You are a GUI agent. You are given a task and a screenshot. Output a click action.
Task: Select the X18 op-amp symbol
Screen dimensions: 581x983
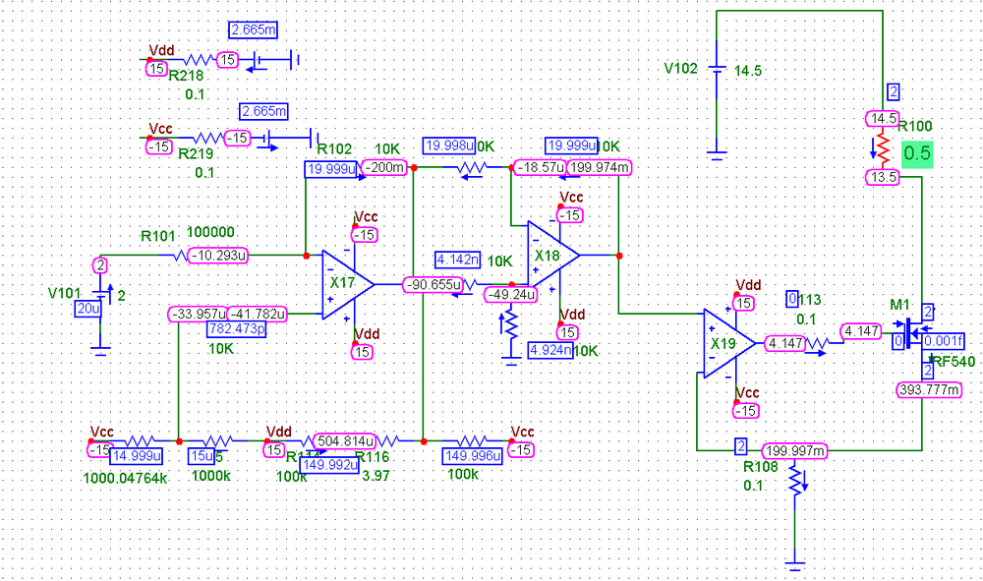coord(551,255)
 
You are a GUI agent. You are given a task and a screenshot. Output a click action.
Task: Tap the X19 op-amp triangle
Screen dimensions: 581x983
coord(728,343)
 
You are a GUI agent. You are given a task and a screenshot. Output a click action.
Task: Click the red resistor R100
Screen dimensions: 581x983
coord(883,149)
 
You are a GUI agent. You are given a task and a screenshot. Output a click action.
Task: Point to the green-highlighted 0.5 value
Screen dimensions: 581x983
coord(917,153)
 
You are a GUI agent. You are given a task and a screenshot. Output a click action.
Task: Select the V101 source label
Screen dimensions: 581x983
coord(67,293)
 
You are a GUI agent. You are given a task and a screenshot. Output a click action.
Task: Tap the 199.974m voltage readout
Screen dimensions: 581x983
coord(599,168)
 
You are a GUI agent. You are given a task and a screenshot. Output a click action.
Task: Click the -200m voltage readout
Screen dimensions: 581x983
coord(383,168)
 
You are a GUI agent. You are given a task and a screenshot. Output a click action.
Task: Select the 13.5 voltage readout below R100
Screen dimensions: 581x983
coord(881,177)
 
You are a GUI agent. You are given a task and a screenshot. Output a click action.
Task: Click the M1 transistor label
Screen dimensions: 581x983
coord(899,305)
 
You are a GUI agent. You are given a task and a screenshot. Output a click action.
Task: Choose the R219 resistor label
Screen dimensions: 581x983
coord(195,153)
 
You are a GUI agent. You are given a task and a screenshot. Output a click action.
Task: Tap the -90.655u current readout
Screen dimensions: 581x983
coord(434,285)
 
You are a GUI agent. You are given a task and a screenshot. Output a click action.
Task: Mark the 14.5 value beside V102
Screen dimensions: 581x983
coord(749,70)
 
